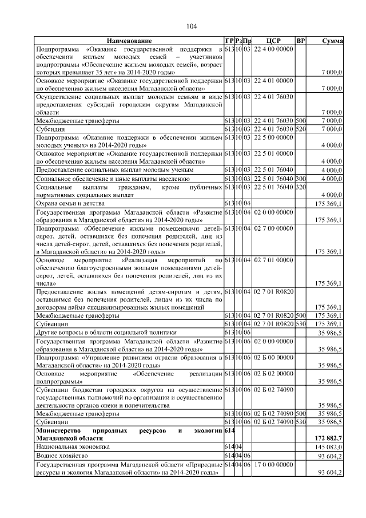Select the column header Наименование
pos(128,41)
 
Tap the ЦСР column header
pos(273,41)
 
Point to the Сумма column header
pos(332,41)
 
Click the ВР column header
pos(301,41)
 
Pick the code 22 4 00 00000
pos(273,50)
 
